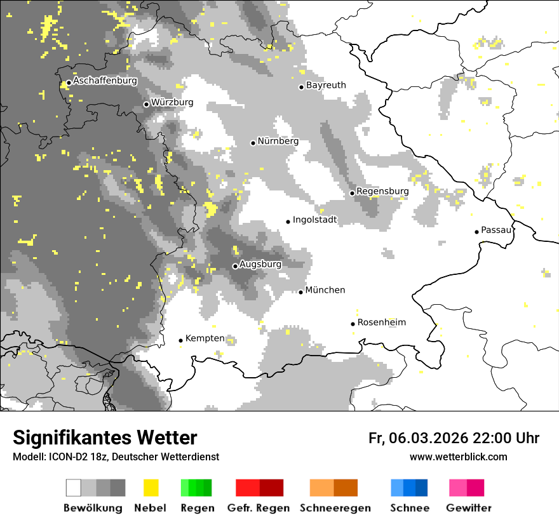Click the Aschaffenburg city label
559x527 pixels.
click(105, 81)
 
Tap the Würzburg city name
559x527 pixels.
click(172, 102)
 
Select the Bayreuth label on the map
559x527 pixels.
click(326, 85)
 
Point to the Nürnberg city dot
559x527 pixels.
click(253, 143)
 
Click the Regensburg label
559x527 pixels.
click(382, 191)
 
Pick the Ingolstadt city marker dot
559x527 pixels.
click(288, 222)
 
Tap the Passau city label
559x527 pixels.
click(496, 230)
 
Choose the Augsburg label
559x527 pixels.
click(260, 264)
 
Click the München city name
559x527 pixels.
click(325, 290)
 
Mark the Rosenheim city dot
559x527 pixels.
click(353, 324)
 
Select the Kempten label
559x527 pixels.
click(205, 338)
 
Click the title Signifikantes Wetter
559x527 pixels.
click(105, 438)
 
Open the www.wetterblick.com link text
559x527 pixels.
click(458, 457)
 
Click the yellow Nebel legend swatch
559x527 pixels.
click(151, 488)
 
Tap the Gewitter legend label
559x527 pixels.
click(469, 508)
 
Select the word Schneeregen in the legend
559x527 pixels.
click(335, 508)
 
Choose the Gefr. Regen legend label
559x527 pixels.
click(259, 508)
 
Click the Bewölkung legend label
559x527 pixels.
click(93, 508)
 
